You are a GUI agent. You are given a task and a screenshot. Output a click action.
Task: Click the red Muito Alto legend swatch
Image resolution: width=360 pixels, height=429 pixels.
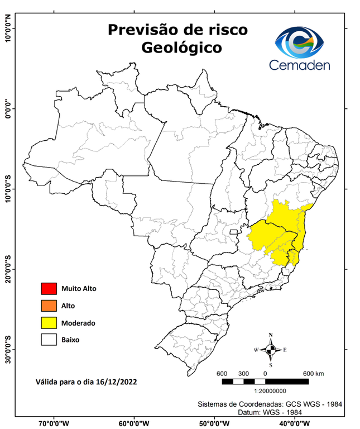pyautogui.click(x=49, y=289)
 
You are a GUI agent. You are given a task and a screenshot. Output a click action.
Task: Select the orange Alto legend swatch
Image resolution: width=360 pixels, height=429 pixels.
pyautogui.click(x=49, y=306)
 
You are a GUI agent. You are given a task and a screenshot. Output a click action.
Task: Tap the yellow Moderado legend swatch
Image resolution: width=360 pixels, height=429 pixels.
pyautogui.click(x=49, y=322)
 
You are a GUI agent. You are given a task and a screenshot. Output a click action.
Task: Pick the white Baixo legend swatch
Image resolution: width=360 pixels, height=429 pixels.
pyautogui.click(x=49, y=339)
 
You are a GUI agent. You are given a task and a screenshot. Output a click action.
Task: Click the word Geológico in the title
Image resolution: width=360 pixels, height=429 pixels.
pyautogui.click(x=181, y=48)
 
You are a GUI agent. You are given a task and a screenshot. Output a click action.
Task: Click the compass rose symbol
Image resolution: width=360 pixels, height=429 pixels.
pyautogui.click(x=271, y=350)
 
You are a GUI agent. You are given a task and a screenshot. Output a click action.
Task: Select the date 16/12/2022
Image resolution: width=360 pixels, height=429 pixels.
pyautogui.click(x=116, y=382)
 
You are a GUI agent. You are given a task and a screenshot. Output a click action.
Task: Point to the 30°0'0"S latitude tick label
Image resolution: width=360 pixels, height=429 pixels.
pyautogui.click(x=8, y=349)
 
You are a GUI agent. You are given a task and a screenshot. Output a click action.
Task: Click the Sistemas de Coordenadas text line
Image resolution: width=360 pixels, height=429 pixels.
pyautogui.click(x=270, y=403)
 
